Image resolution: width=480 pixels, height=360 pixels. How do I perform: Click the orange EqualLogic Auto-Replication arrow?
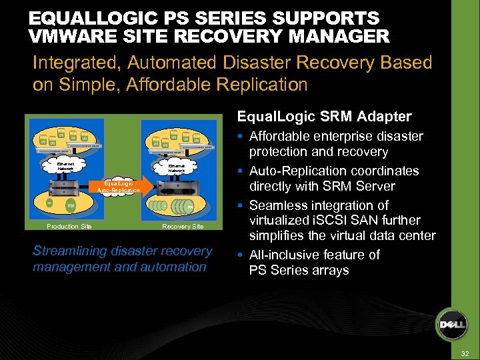click(120, 186)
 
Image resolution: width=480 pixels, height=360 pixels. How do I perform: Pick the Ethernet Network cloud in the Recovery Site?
click(176, 167)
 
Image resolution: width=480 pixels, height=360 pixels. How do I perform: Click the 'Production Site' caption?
click(69, 226)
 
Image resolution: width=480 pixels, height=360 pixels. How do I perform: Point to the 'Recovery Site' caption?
click(183, 226)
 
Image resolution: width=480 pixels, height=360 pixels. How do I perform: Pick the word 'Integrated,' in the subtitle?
click(77, 63)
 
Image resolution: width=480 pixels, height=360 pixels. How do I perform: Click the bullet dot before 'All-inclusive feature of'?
click(241, 255)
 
